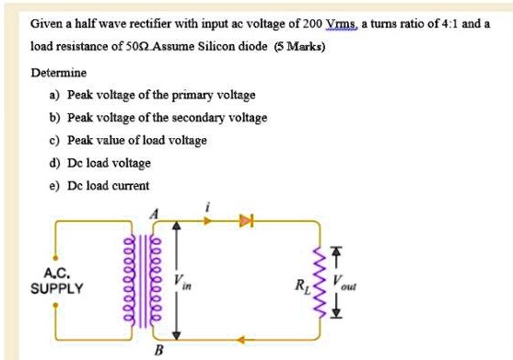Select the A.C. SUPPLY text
click(x=56, y=281)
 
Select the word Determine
click(x=59, y=72)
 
